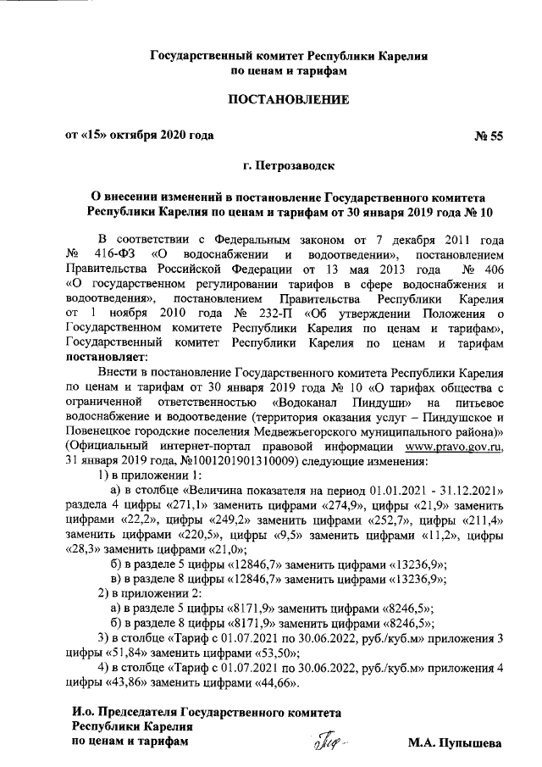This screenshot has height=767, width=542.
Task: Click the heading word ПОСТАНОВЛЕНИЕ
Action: click(287, 101)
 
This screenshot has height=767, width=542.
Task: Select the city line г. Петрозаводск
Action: click(287, 169)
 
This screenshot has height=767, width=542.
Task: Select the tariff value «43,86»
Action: click(127, 683)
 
